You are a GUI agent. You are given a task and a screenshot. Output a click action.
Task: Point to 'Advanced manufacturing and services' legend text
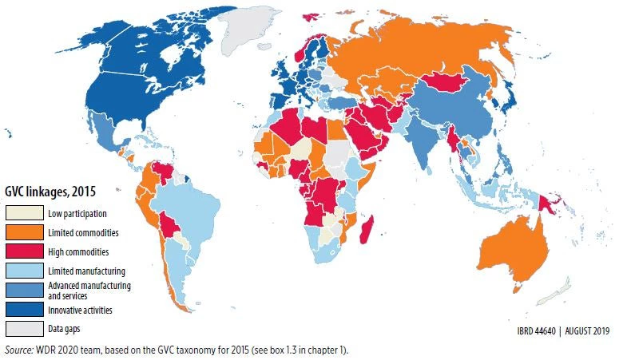89,290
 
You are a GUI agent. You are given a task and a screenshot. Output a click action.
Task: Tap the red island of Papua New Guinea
550,200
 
